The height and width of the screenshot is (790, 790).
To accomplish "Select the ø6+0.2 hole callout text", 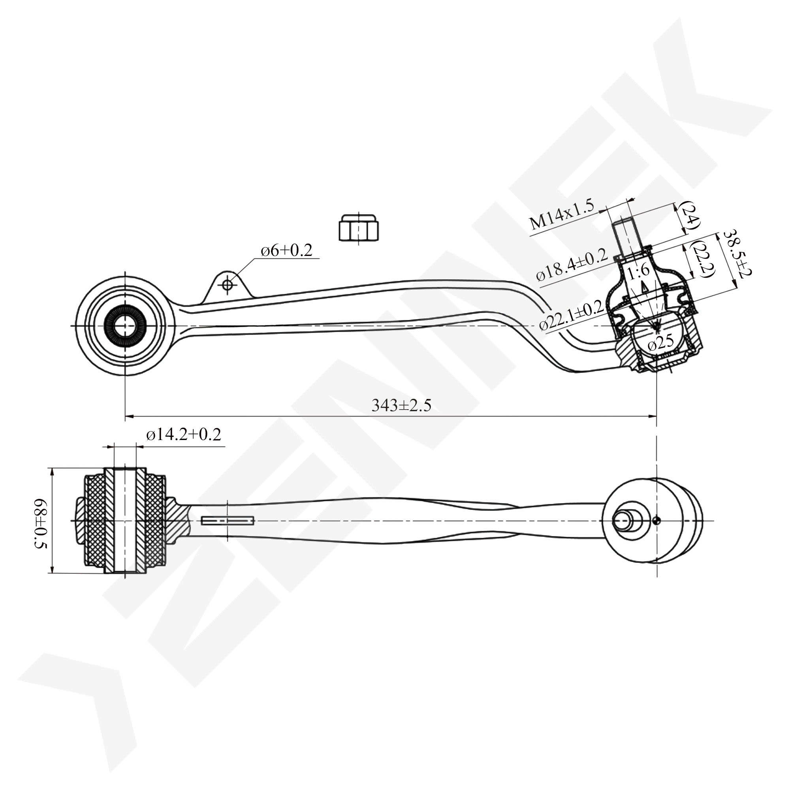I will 286,250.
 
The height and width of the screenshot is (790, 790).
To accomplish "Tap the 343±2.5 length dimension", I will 401,405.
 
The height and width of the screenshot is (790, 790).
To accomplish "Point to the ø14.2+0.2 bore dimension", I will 184,434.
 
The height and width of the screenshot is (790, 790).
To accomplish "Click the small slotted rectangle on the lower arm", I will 228,521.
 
